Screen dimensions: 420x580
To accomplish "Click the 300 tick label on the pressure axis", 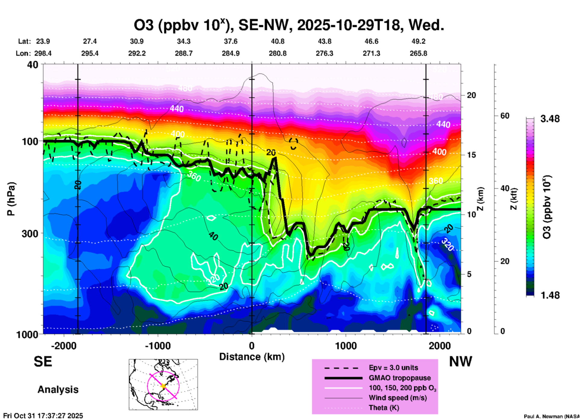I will pyautogui.click(x=30, y=234).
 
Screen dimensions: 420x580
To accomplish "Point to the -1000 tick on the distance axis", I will pyautogui.click(x=158, y=346).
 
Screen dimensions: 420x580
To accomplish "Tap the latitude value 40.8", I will pyautogui.click(x=277, y=42).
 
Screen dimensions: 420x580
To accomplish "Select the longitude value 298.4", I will pyautogui.click(x=42, y=54).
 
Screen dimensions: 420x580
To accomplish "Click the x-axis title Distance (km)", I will pyautogui.click(x=252, y=357).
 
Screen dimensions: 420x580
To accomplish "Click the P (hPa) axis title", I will pyautogui.click(x=11, y=199).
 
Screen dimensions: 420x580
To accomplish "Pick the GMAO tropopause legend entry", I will pyautogui.click(x=400, y=378).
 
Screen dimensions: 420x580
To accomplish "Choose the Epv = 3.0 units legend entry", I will pyautogui.click(x=393, y=368).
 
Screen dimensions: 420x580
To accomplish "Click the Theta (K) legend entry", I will pyautogui.click(x=384, y=408).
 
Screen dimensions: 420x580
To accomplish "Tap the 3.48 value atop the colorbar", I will pyautogui.click(x=550, y=119).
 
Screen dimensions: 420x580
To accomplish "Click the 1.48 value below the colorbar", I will pyautogui.click(x=550, y=295).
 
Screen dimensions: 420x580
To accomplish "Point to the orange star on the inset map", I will pyautogui.click(x=163, y=386).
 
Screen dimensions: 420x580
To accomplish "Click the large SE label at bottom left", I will pyautogui.click(x=43, y=362).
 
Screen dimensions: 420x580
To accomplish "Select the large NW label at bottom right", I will pyautogui.click(x=460, y=362).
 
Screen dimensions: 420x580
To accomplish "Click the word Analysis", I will pyautogui.click(x=58, y=390).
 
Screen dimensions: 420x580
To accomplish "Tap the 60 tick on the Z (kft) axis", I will pyautogui.click(x=505, y=116).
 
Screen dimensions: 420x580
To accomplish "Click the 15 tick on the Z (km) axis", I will pyautogui.click(x=471, y=155).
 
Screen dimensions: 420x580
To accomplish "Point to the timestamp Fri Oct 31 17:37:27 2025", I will pyautogui.click(x=43, y=416).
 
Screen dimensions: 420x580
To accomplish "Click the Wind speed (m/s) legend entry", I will pyautogui.click(x=398, y=398).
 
